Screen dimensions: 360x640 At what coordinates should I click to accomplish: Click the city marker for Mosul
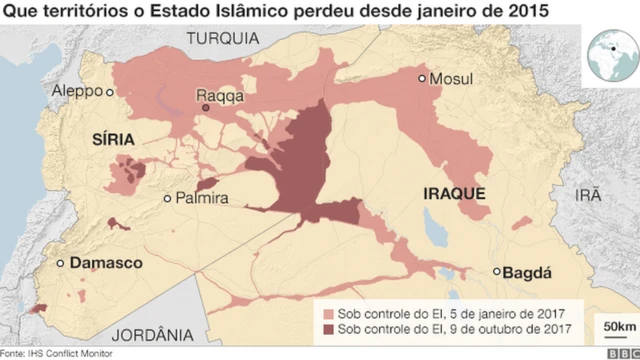pos(423,78)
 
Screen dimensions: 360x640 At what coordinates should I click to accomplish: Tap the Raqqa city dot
pos(205,108)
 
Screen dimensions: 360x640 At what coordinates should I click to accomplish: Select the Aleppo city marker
pos(110,91)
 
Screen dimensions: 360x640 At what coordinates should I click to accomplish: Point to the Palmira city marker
pos(167,199)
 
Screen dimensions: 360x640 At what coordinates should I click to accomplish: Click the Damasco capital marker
pos(61,263)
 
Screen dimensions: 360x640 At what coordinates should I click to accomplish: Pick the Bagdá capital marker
pos(497,271)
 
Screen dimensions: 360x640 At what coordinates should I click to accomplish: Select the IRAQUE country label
pos(454,191)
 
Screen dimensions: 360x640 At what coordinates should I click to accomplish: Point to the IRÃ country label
pos(588,197)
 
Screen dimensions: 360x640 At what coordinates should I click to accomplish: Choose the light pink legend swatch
pos(327,310)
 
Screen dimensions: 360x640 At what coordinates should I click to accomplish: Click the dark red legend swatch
pos(327,328)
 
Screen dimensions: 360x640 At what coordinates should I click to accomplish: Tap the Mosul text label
pos(449,79)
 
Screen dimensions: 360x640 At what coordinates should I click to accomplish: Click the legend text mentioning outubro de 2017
pos(455,328)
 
